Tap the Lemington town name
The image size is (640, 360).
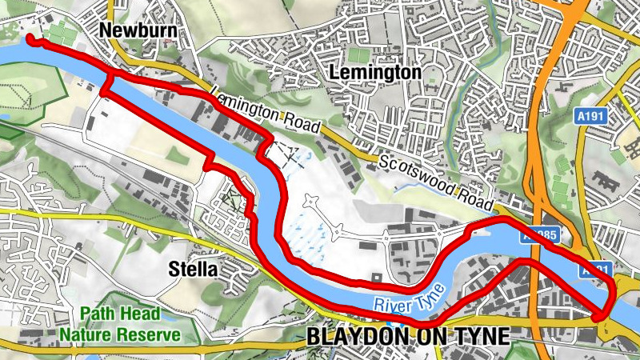point(375,73)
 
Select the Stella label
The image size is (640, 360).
point(193,270)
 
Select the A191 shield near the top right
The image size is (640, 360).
point(591,117)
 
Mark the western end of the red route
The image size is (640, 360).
point(30,38)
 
